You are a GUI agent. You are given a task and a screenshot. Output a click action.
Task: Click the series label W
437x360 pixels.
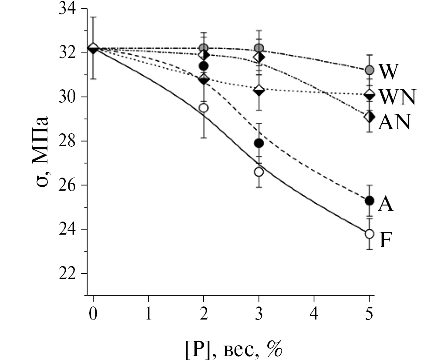pos(388,71)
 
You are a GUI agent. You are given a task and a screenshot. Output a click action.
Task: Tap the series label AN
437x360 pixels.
pos(393,123)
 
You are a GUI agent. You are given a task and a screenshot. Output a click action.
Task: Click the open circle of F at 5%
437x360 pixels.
pos(369,234)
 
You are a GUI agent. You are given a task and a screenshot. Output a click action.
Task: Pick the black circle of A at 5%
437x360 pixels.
pos(369,201)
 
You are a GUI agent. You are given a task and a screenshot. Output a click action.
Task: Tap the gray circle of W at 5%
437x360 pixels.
pos(369,70)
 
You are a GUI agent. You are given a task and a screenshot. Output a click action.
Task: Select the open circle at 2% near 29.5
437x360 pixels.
pos(203,108)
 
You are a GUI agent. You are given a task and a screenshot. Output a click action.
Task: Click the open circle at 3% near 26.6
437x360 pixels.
pos(259,172)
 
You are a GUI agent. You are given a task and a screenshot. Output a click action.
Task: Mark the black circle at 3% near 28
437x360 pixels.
pos(259,143)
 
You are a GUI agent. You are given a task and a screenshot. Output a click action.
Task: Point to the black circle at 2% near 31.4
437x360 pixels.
pos(203,66)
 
